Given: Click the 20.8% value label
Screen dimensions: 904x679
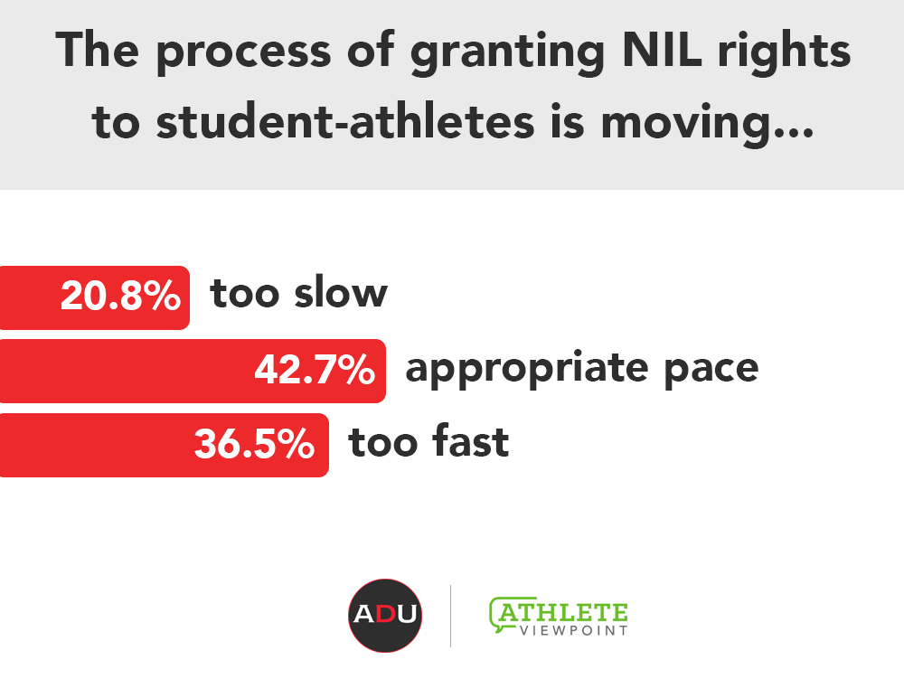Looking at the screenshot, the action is point(120,296).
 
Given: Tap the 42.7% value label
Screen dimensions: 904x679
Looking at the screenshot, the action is point(315,370).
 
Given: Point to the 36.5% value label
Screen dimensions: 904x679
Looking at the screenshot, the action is point(254,444).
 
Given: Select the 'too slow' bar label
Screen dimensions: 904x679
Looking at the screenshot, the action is point(298,293).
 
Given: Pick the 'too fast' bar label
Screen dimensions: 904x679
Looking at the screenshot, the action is point(428,441).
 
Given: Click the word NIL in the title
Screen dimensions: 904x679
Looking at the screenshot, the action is point(662,50).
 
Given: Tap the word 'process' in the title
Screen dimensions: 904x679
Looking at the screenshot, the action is point(244,55).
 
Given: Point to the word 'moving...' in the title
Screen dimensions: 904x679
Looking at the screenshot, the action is point(708,125).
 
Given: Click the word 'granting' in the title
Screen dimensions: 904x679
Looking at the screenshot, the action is point(508,55).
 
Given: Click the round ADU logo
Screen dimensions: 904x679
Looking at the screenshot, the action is point(385,616).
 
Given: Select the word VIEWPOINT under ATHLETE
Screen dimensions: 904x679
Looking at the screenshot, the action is point(574,630).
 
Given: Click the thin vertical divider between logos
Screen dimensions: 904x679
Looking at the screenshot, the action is point(450,616).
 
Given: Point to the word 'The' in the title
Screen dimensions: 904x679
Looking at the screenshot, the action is point(98,50).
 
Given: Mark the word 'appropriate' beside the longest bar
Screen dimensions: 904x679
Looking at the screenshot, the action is point(527,370).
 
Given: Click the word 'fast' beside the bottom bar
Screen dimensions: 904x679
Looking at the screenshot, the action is point(470,441).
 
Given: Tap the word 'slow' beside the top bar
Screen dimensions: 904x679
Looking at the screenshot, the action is point(341,293).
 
